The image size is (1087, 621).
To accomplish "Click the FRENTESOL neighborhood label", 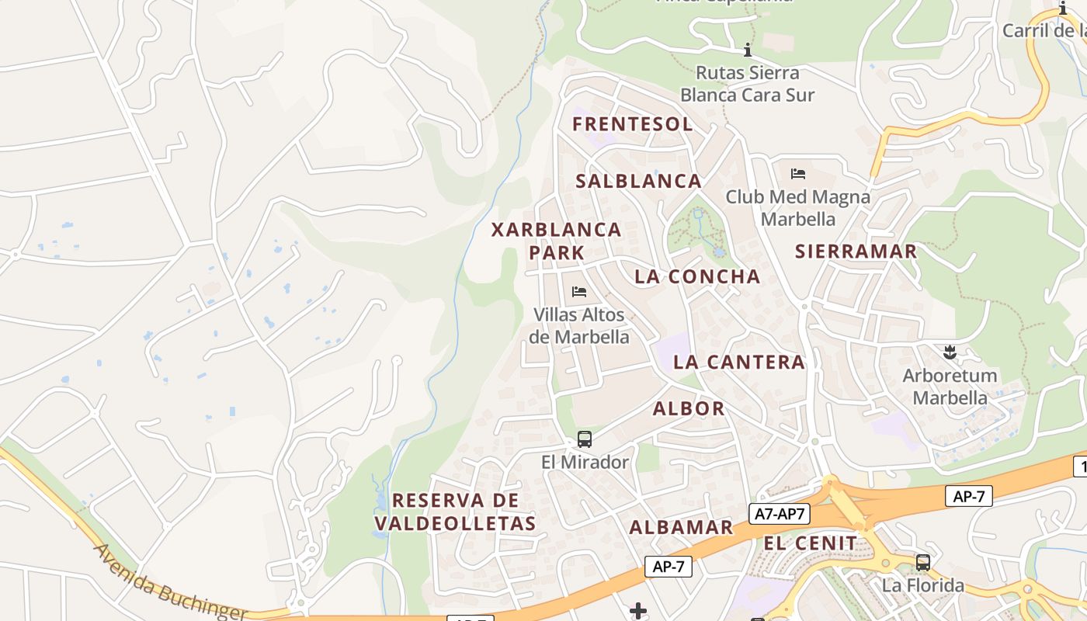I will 632,124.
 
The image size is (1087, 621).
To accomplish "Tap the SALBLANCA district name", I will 638,182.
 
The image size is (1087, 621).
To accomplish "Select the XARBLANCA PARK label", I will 557,241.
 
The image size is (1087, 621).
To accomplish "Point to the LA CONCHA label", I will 697,276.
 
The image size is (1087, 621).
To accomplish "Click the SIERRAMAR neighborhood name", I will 856,252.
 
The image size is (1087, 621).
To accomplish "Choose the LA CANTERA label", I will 738,362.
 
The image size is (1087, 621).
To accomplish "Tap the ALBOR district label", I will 689,408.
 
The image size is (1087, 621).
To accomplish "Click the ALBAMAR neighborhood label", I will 681,528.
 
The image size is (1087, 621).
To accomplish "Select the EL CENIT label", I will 811,543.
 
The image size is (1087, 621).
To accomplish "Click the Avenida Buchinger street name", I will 169,583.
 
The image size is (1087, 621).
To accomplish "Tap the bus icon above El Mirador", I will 585,439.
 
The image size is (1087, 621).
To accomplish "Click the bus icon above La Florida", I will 922,562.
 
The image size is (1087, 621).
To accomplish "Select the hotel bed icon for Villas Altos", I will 579,292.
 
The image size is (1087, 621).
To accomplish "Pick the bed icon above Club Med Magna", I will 798,173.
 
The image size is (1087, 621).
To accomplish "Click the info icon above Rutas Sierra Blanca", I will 748,50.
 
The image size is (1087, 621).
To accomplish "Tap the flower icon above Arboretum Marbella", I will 948,353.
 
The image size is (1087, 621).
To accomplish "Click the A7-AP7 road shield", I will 780,513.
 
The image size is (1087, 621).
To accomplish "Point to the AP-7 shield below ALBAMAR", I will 668,567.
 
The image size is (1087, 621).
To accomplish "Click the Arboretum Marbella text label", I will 950,387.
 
